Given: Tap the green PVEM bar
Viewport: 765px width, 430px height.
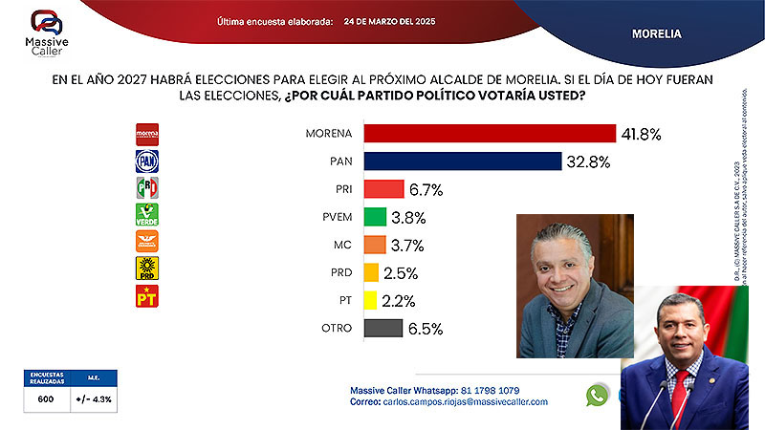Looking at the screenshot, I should [x=375, y=216].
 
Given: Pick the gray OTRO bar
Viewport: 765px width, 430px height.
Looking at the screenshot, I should [x=382, y=328].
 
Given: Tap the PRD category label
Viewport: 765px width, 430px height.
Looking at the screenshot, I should [x=339, y=272].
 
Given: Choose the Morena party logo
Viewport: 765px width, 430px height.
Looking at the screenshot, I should [x=146, y=133].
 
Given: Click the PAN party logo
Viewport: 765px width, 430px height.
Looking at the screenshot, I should [x=146, y=161].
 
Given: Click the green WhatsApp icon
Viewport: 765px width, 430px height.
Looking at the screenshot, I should [x=599, y=395].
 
